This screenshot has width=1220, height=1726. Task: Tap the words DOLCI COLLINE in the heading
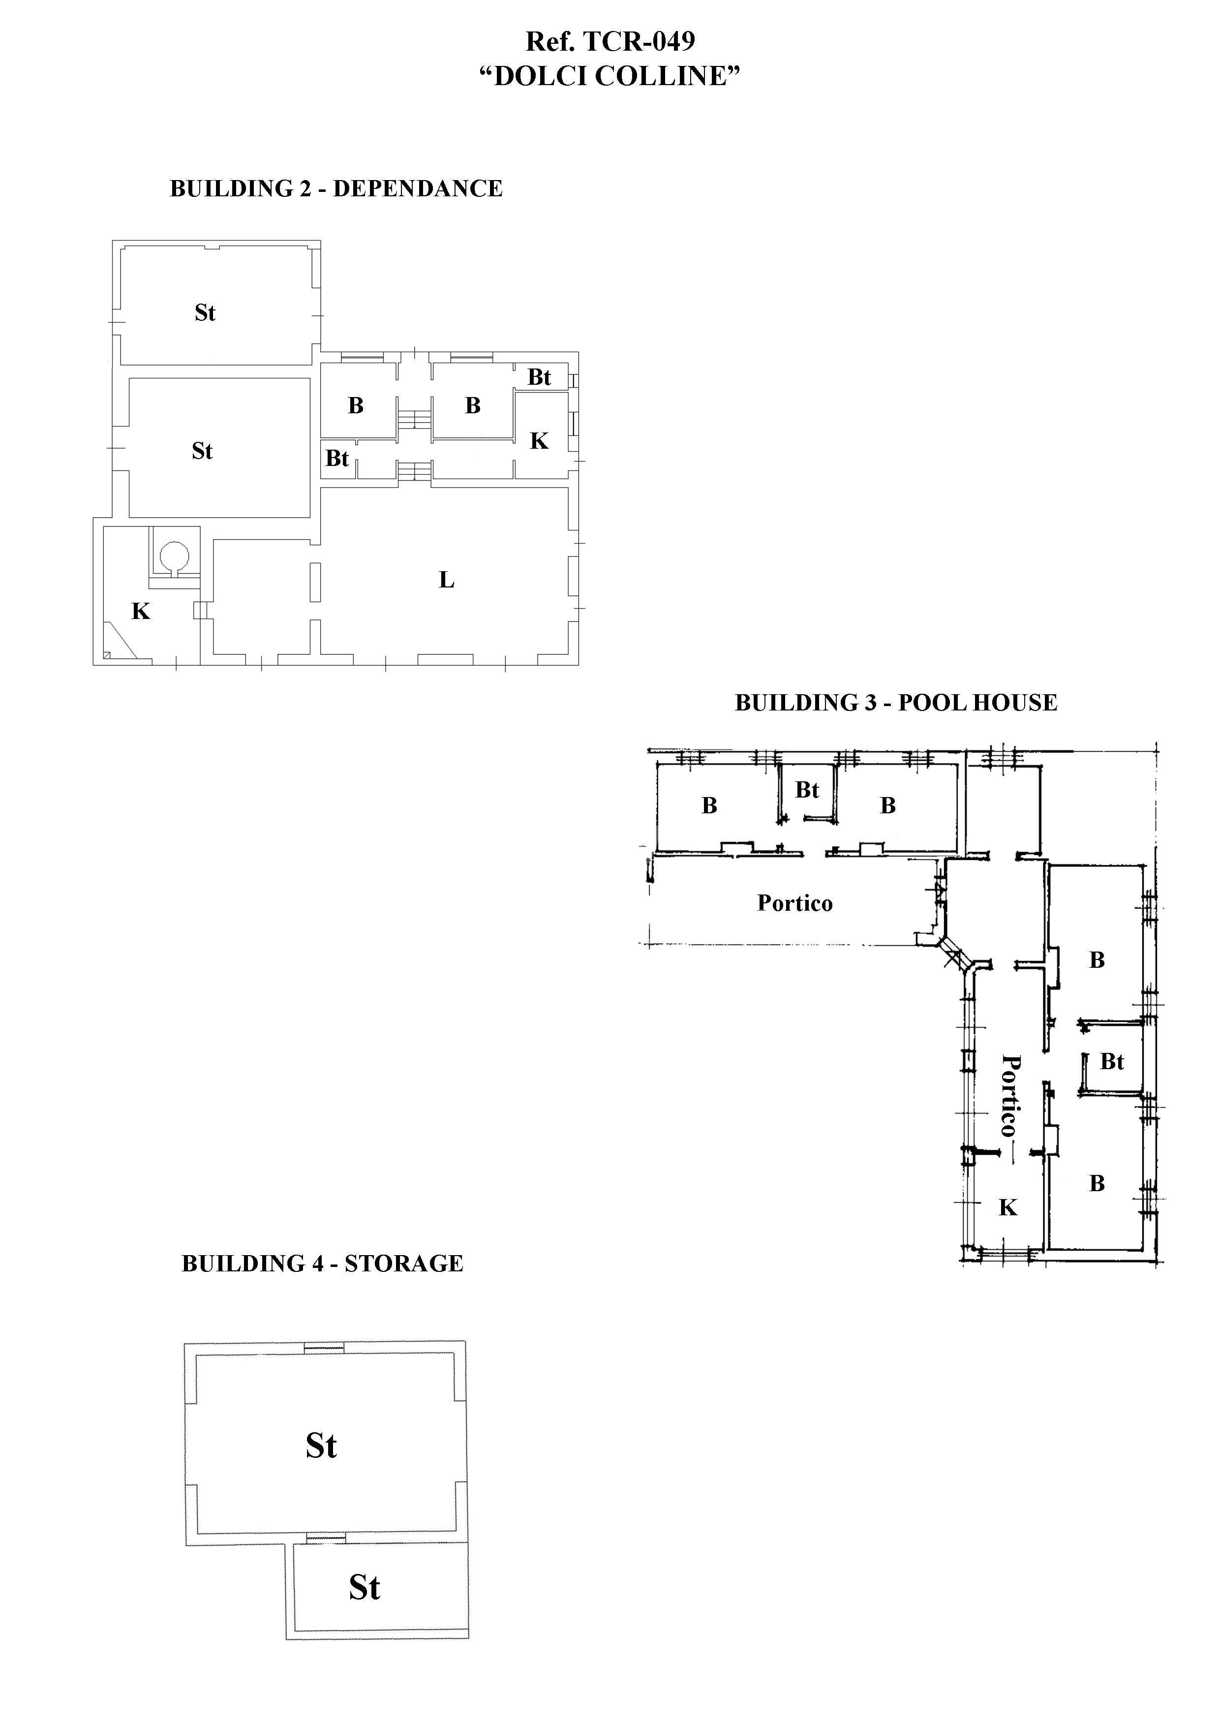(610, 76)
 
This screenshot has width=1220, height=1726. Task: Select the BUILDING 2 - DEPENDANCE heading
(336, 188)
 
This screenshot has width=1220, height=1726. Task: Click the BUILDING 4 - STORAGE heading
(323, 1263)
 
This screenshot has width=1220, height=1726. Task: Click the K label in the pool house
(1007, 1207)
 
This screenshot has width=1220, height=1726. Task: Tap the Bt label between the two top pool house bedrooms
(807, 790)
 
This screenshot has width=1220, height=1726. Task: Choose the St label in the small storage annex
(365, 1587)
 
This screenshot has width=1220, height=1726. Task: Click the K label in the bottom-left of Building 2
(141, 611)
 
